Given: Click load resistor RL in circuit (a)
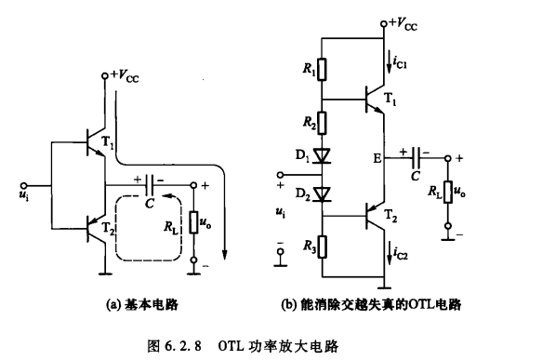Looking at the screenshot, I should (193, 224).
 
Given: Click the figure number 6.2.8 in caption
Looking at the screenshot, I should (190, 344).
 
